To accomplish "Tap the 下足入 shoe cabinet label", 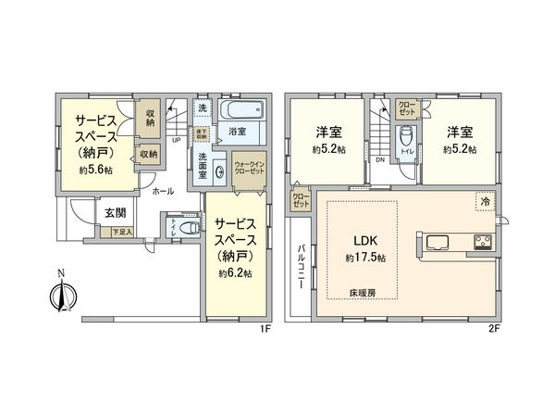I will point(122,232).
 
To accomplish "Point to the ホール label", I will point(163,191).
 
